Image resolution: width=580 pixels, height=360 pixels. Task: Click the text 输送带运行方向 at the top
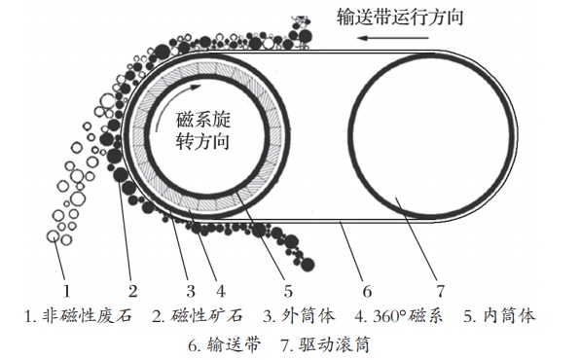coord(400,17)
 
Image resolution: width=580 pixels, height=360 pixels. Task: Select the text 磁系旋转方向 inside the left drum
coord(203,130)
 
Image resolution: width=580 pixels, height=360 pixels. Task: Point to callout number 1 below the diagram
coord(66,291)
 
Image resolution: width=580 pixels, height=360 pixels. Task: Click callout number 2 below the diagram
coord(132,291)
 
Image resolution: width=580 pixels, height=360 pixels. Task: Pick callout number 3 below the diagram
coord(191,291)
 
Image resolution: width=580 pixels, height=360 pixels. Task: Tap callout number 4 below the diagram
coord(221,291)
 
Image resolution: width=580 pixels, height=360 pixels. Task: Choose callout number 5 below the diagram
coord(288,291)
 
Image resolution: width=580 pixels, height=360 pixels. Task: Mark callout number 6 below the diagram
coord(367,291)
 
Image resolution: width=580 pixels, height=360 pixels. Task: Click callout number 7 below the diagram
coord(440,291)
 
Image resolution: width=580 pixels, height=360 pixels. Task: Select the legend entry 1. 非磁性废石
coord(78,316)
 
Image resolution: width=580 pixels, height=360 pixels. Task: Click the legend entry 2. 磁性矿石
coord(198,316)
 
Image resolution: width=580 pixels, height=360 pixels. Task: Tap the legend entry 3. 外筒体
coord(299,316)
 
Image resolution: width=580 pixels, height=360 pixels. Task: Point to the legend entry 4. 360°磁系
coord(398,316)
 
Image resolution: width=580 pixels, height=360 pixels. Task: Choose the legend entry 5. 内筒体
coord(499,316)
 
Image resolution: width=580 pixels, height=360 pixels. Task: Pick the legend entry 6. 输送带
coord(225,344)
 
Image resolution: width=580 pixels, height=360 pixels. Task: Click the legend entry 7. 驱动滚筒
coord(325,344)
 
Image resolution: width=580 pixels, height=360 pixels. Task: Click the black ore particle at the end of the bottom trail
coord(308,265)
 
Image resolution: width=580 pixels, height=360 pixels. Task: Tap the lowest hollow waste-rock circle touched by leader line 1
coord(54,236)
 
